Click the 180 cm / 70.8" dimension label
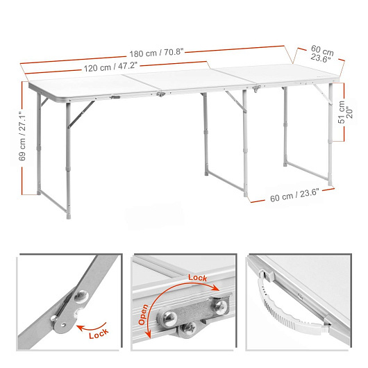click(156, 53)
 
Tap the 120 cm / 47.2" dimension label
click(110, 67)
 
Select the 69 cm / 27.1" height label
click(22, 136)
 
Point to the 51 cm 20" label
click(345, 112)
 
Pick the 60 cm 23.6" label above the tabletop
click(321, 54)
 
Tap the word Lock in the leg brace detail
click(99, 333)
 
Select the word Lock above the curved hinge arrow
click(198, 278)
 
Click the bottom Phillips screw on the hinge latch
click(190, 328)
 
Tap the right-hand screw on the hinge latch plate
click(221, 307)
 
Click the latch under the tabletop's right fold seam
click(256, 88)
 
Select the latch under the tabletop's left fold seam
click(161, 94)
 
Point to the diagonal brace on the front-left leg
click(81, 115)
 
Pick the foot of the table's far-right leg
click(331, 183)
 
